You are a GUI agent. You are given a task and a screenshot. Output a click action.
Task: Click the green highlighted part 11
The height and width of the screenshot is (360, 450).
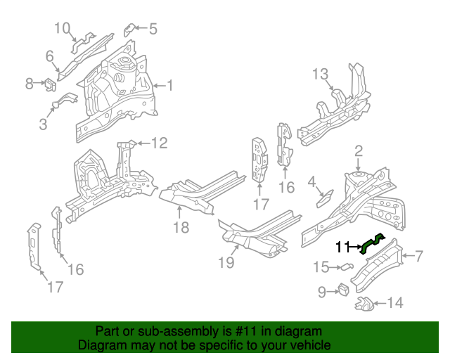(x=371, y=243)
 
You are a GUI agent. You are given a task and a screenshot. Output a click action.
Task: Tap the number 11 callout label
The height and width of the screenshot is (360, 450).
(x=342, y=247)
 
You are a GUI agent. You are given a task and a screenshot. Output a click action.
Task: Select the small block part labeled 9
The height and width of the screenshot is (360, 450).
(x=344, y=290)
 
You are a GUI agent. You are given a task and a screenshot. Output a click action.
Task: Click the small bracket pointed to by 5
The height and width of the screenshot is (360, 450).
(x=130, y=29)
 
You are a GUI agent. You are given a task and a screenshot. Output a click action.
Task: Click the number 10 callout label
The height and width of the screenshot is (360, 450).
(x=63, y=28)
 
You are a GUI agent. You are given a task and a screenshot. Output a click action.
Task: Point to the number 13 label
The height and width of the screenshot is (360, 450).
(x=321, y=74)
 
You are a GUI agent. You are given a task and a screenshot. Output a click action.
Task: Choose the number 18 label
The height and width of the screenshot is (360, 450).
(x=181, y=226)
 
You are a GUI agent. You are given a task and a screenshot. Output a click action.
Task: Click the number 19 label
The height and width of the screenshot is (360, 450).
(x=226, y=262)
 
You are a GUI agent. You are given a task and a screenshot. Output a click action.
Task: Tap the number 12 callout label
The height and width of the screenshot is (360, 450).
(x=160, y=143)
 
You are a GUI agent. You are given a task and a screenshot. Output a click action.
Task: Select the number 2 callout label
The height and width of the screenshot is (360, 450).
(x=358, y=150)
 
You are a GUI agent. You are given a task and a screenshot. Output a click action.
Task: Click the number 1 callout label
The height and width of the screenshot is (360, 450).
(x=169, y=86)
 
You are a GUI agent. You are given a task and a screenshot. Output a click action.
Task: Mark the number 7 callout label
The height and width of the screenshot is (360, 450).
(x=418, y=255)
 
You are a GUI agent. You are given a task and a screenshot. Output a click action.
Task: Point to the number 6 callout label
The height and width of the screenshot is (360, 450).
(x=50, y=56)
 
